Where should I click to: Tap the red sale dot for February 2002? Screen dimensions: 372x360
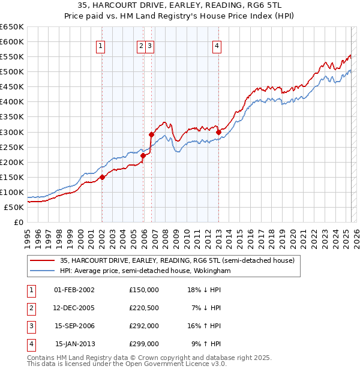102,177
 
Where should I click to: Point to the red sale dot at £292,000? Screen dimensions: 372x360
151,134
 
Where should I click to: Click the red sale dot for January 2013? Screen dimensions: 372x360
218,132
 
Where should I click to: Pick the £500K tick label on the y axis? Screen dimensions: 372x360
11,71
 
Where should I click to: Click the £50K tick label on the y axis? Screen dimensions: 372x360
14,207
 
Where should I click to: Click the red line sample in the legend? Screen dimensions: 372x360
42,261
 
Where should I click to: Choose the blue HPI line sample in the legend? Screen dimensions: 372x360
42,271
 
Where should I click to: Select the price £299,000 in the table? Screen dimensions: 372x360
144,344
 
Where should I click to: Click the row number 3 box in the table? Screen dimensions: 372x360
29,326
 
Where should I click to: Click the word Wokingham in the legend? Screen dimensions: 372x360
211,271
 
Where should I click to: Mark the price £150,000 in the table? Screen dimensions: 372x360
144,290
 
